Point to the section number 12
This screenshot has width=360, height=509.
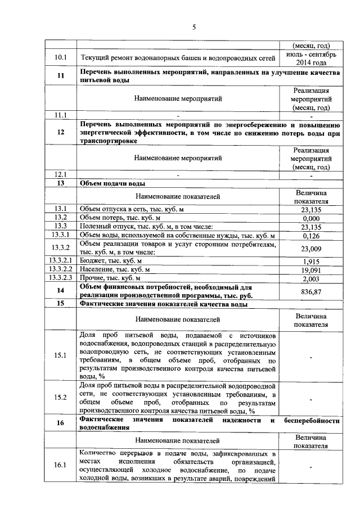pos(60,132)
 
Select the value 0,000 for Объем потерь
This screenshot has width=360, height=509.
pos(311,218)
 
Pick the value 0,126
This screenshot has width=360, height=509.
pos(311,236)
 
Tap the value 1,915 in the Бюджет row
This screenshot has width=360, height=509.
pos(311,261)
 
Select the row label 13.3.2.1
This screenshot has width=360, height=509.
pos(60,261)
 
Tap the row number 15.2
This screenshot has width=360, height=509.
pos(60,398)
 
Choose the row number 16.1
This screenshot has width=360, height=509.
pos(60,465)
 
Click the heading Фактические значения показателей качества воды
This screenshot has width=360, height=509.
pos(164,304)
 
